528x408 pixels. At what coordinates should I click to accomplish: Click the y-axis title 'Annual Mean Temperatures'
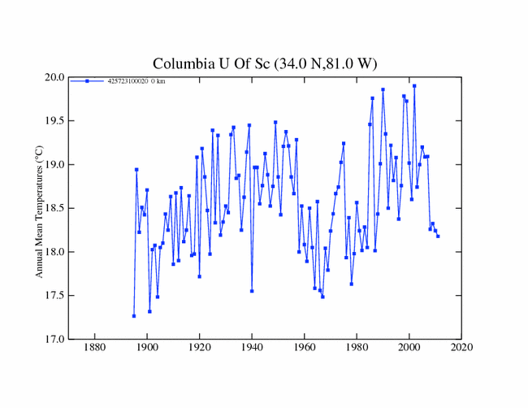[39, 208]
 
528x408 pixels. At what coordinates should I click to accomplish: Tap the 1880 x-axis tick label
[94, 348]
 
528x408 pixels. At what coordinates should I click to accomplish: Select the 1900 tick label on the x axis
[147, 348]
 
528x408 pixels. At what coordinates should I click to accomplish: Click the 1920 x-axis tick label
[199, 348]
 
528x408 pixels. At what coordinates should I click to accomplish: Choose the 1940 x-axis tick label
[252, 348]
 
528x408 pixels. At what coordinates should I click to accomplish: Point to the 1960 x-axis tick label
[305, 348]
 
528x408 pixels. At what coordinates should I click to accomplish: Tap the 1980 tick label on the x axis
[357, 348]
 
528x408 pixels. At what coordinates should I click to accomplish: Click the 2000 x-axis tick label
[409, 348]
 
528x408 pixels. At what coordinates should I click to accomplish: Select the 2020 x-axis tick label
[462, 348]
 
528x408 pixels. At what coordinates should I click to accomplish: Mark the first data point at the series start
[134, 315]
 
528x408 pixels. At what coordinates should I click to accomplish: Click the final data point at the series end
[438, 236]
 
